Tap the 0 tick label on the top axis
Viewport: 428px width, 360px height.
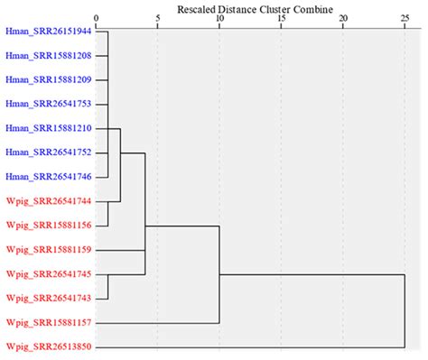96,18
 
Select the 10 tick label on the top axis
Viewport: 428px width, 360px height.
219,18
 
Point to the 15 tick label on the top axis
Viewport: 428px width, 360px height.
281,18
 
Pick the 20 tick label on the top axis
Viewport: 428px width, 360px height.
342,18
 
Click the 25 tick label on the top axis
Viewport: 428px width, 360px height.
404,18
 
